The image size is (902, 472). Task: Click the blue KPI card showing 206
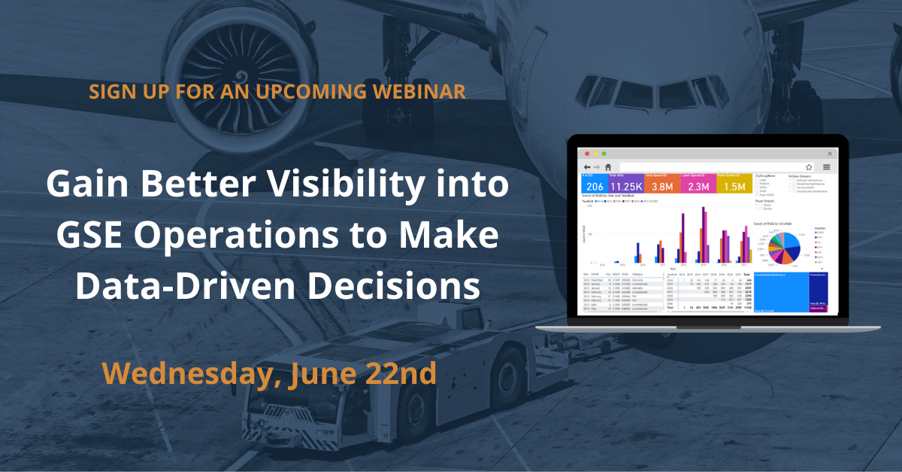[595, 184]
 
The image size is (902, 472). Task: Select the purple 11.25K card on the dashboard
[626, 184]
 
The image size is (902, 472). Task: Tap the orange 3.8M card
[661, 184]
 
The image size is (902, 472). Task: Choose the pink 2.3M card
[698, 184]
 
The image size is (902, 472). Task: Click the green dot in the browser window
[604, 154]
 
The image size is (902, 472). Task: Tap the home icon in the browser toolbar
[607, 166]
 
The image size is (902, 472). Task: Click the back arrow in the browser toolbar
[586, 166]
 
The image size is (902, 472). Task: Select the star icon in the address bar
[809, 166]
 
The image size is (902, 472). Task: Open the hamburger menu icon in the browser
[827, 166]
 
